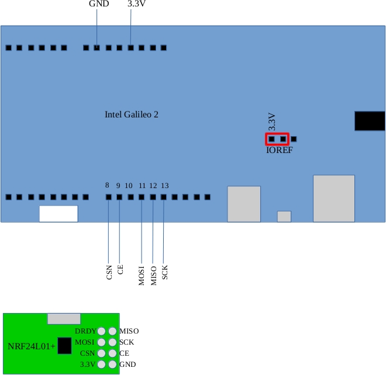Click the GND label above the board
pos(98,4)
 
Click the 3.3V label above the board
pos(136,4)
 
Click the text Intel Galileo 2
pos(132,114)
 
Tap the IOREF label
pos(279,150)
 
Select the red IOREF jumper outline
pos(277,139)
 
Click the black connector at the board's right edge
pos(370,121)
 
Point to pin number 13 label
pos(165,185)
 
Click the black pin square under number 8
pos(108,197)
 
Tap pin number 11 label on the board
pos(142,185)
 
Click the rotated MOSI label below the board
pos(142,275)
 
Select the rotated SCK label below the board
pos(165,272)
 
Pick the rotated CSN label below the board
pos(109,272)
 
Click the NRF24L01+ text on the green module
pos(32,346)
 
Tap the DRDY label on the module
pos(85,331)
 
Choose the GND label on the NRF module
pos(127,364)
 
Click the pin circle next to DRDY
pos(102,331)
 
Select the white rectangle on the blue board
pos(58,214)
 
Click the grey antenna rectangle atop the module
pos(64,318)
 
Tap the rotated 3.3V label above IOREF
pos(271,121)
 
